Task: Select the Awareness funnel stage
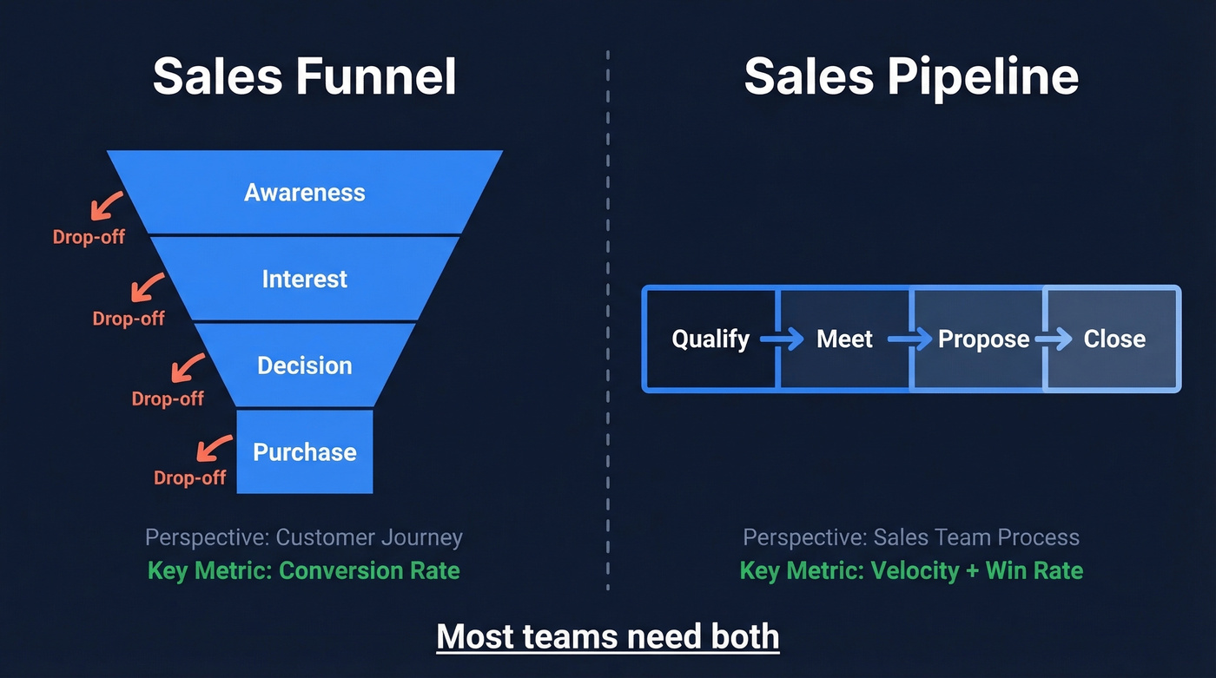click(304, 192)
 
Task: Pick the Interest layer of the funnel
click(304, 279)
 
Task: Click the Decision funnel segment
click(304, 365)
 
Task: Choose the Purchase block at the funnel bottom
click(304, 451)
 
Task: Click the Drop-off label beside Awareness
click(89, 236)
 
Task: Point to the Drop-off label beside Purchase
click(189, 477)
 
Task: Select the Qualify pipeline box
click(710, 339)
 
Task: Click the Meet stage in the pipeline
click(844, 339)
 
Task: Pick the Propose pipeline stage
click(983, 339)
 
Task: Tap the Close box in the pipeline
click(1114, 339)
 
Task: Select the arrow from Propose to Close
click(1054, 339)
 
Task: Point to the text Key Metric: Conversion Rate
click(304, 570)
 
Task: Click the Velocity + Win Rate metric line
click(911, 570)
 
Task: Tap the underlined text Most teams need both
click(608, 636)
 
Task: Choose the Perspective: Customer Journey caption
click(304, 537)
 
